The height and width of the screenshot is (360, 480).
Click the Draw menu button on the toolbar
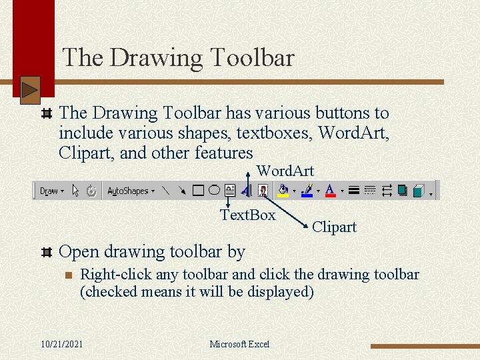[x=51, y=191]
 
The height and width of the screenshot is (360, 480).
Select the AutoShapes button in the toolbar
[x=130, y=191]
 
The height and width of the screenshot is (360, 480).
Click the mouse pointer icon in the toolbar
[x=75, y=191]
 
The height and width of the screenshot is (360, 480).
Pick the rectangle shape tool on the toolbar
[x=198, y=191]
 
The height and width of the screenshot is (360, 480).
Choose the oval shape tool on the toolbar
[x=213, y=191]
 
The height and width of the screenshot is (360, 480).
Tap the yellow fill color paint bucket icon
[x=283, y=191]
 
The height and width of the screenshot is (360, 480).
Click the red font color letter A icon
[x=329, y=191]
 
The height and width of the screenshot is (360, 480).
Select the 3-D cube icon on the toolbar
[x=419, y=191]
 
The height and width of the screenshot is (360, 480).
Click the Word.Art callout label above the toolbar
[x=285, y=171]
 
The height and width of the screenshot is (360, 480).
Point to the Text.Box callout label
[x=248, y=215]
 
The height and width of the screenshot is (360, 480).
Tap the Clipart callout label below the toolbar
[x=334, y=227]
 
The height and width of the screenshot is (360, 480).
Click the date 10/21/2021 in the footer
[x=62, y=344]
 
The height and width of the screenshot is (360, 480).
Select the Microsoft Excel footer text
[x=239, y=344]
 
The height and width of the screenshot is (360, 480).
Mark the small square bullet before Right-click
[x=67, y=275]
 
